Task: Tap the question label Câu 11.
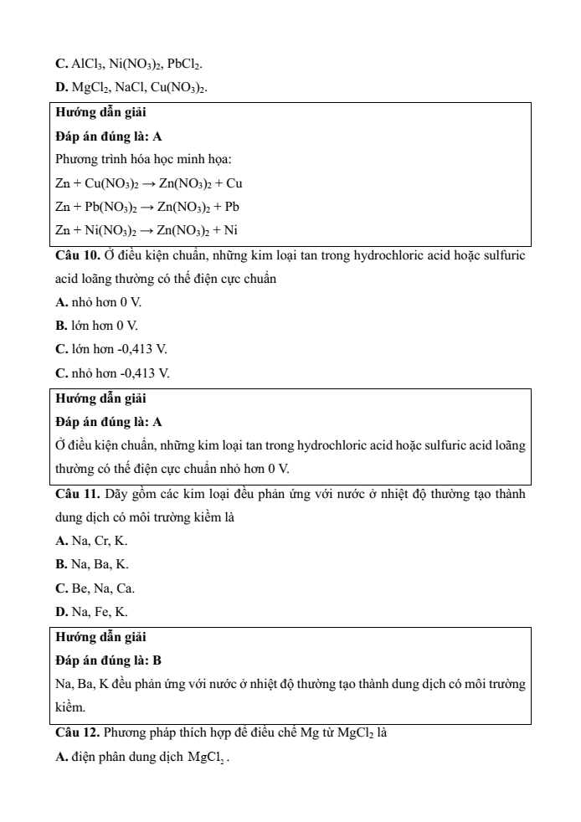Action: click(78, 495)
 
